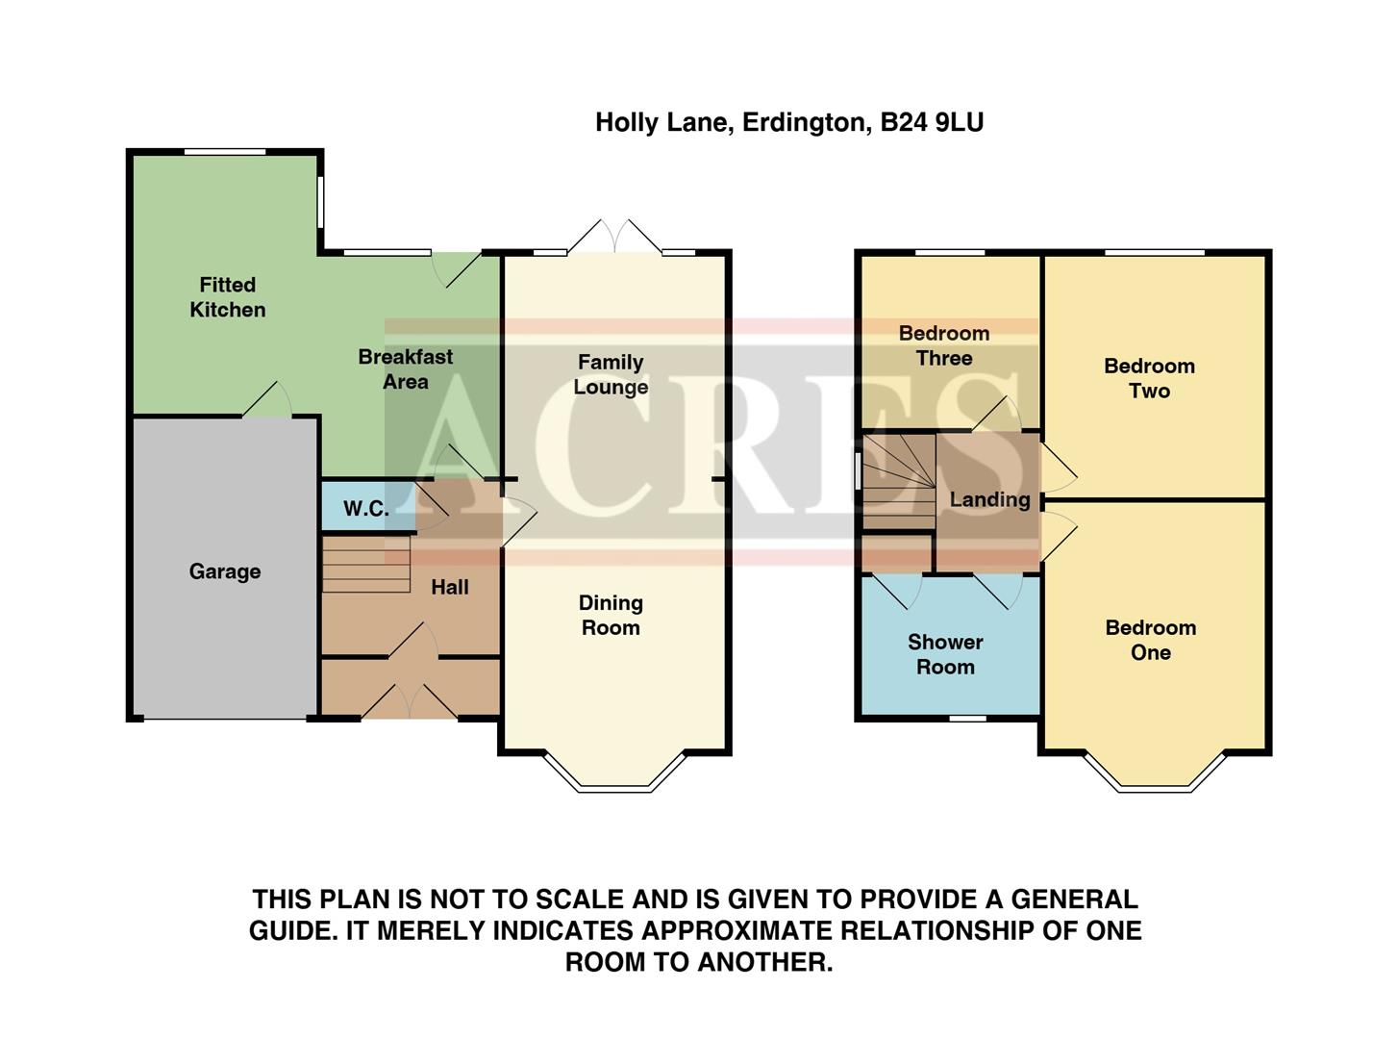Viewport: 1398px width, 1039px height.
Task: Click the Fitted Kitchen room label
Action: tap(227, 297)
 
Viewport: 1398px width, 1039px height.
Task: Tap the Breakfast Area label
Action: tap(405, 369)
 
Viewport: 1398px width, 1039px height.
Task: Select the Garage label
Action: tap(224, 571)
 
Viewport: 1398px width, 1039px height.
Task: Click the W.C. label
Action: tap(366, 509)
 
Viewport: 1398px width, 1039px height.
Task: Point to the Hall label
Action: tap(449, 587)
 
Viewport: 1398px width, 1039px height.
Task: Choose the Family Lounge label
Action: tap(611, 374)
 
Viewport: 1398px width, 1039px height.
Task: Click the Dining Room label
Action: tap(611, 615)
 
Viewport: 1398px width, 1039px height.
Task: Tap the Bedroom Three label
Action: tap(943, 345)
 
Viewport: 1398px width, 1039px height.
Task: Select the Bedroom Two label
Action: tap(1149, 378)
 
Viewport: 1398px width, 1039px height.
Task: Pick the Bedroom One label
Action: tap(1150, 640)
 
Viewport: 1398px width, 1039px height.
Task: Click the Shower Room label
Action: tap(945, 654)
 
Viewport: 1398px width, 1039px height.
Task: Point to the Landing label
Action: tap(989, 499)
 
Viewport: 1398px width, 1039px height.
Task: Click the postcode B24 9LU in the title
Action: tap(932, 123)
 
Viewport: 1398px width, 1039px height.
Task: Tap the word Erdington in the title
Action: tap(804, 123)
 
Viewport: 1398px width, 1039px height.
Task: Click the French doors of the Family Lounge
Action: tap(615, 237)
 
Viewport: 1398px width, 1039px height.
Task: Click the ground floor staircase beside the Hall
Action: tap(365, 564)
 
